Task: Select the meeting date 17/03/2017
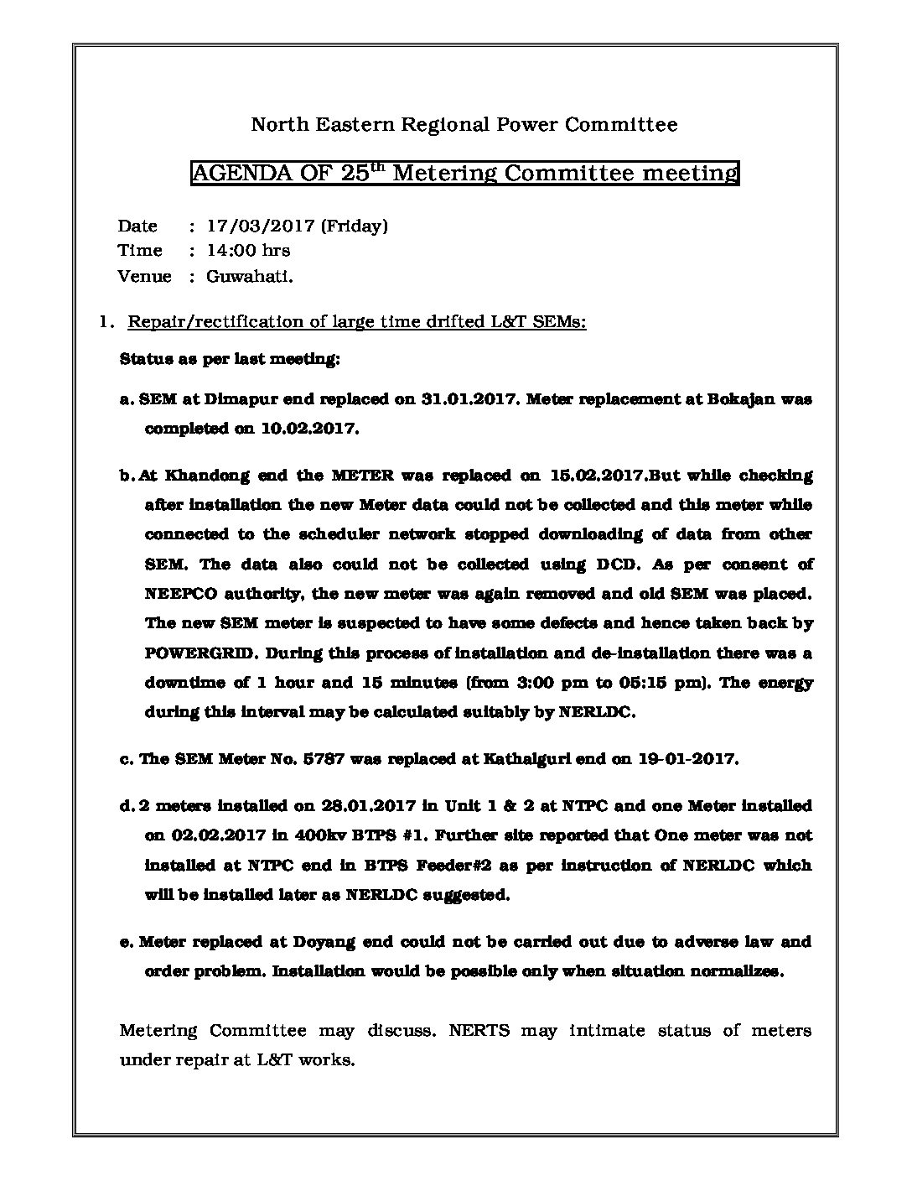point(261,226)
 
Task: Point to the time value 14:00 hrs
point(248,250)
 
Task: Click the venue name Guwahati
point(250,276)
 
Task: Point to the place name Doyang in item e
point(325,941)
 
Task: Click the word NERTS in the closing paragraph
point(474,1030)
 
